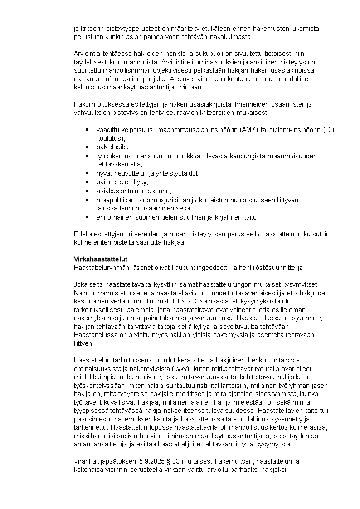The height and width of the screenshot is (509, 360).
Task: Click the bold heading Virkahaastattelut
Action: [x=101, y=259]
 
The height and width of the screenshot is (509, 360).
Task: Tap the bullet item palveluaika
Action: [x=113, y=147]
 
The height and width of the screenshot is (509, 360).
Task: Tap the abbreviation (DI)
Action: [x=329, y=130]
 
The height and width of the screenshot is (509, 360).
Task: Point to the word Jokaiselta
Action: [x=88, y=284]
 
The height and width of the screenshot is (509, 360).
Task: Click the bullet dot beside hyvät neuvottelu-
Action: [x=87, y=173]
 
